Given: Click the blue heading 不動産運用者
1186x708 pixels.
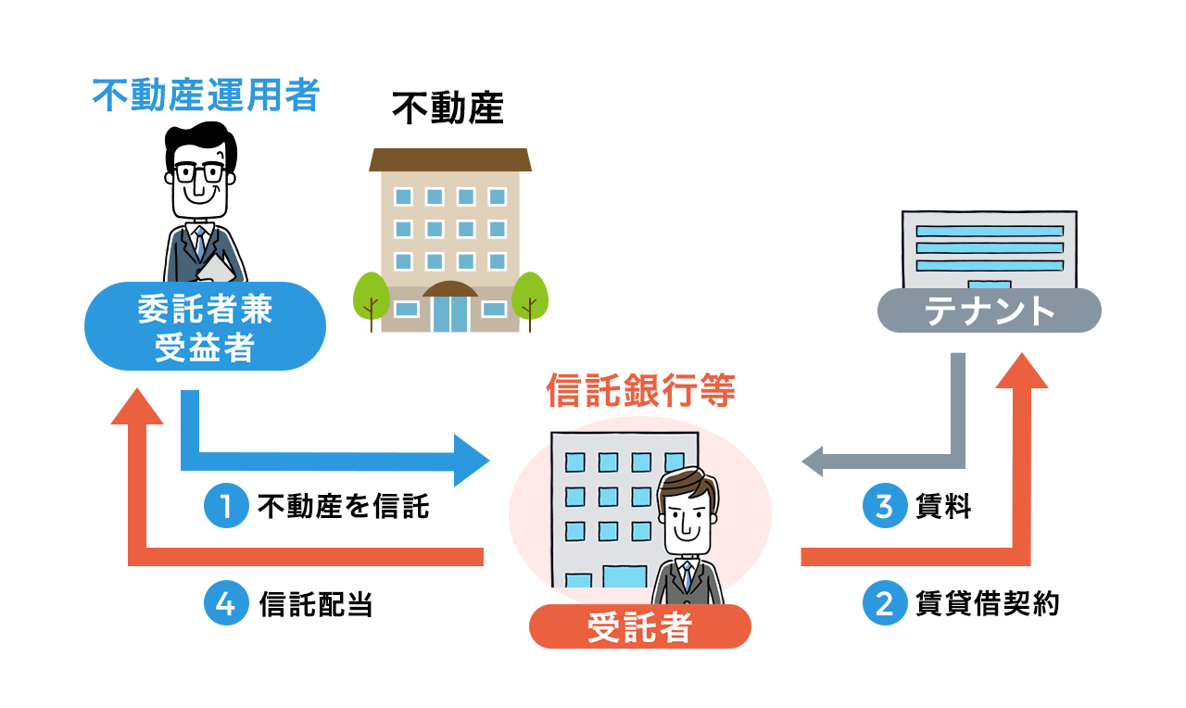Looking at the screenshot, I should coord(205,95).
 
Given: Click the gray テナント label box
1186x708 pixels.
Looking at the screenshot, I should coord(989,310).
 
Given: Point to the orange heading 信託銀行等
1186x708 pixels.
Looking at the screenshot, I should coord(640,391).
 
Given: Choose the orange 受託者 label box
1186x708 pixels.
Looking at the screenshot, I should coord(639,626).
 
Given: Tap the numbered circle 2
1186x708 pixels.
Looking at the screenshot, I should coord(884,603).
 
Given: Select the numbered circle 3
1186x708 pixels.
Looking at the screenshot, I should coord(884,506).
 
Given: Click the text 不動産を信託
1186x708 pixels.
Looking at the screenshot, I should coord(344,507).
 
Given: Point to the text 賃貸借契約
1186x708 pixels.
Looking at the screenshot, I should coord(986,603).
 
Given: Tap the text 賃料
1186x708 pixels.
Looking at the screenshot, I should coord(942,507).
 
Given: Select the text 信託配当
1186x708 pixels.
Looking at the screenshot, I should coord(316,604).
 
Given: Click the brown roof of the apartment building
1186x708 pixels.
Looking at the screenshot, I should coord(450,159).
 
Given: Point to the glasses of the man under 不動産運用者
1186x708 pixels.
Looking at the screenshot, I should coord(199,172).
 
